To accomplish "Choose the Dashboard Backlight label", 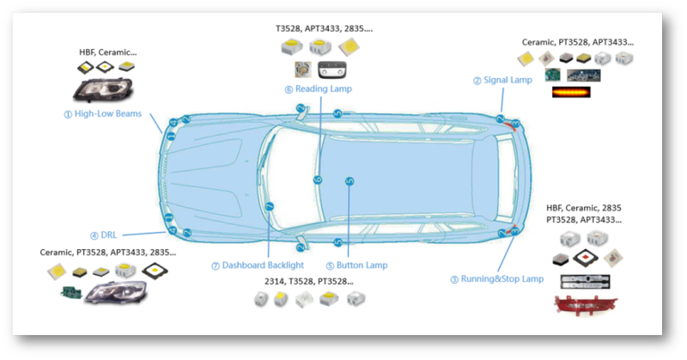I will (x=258, y=265).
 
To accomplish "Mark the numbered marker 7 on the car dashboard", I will (x=269, y=206).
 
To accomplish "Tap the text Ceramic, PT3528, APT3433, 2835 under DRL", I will (x=108, y=253).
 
